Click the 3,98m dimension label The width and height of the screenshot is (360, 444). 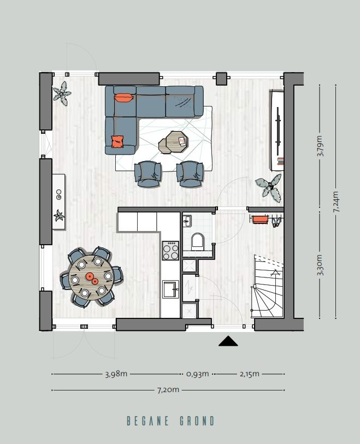click(116, 374)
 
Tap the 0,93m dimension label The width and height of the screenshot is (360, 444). click(197, 374)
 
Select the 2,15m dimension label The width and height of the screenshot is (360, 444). click(249, 374)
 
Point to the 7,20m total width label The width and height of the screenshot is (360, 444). click(168, 390)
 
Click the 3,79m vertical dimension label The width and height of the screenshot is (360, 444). click(320, 146)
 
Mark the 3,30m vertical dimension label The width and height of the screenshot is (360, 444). click(320, 265)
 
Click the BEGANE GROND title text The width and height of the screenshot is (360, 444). click(170, 421)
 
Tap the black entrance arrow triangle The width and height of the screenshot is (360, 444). click(228, 341)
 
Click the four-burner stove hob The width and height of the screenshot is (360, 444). click(170, 251)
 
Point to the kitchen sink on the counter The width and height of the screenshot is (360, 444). click(170, 288)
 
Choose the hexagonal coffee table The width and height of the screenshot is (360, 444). click(173, 141)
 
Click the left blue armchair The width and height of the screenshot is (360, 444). click(148, 173)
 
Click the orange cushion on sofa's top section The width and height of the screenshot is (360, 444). click(123, 98)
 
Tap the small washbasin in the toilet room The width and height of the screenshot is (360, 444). click(187, 221)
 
